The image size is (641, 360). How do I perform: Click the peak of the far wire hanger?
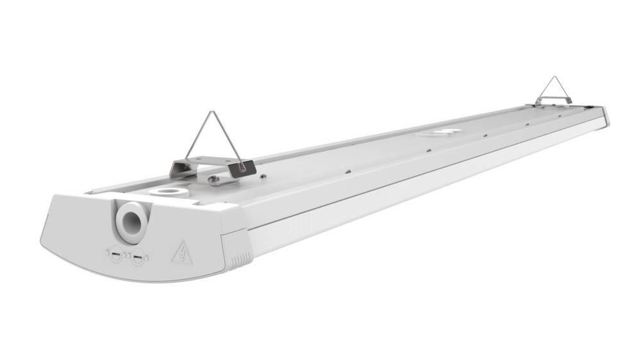(553, 78)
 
